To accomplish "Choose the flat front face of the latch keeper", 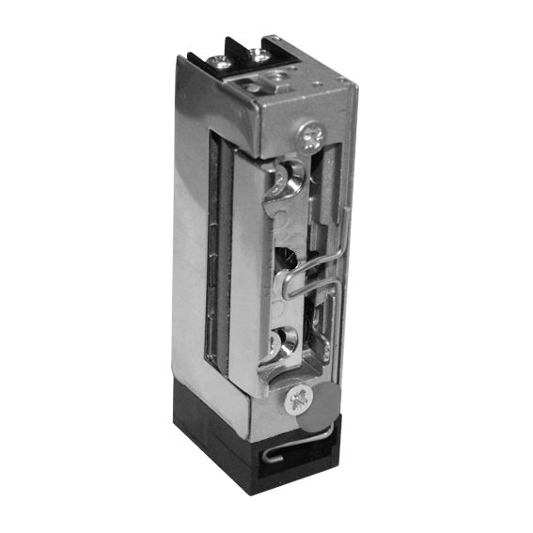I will (x=246, y=282).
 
